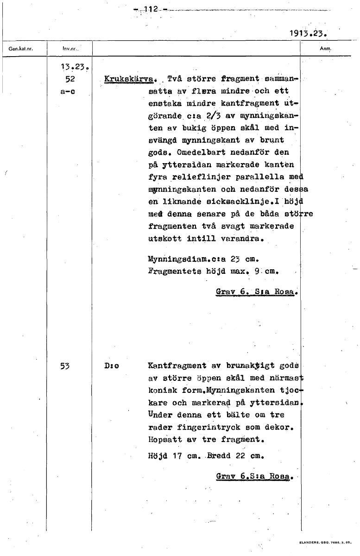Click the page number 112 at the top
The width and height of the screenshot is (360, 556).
[x=151, y=9]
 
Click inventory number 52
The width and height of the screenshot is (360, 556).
[x=70, y=79]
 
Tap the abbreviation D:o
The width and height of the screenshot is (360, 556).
[x=112, y=366]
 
